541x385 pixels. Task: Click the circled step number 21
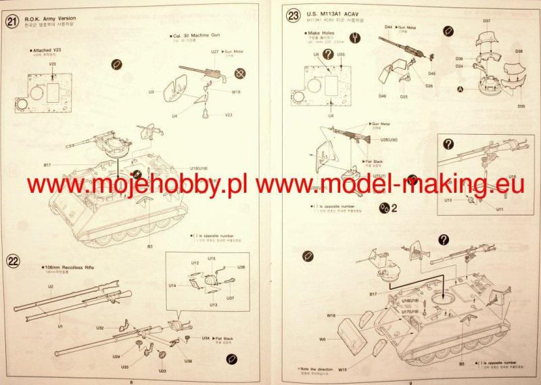click(11, 21)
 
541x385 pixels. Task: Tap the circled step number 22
click(11, 261)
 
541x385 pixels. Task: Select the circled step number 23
click(293, 16)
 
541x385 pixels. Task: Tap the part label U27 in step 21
click(214, 51)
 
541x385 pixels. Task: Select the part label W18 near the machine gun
click(236, 91)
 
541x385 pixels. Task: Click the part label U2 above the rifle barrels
click(50, 287)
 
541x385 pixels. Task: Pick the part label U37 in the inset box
click(230, 298)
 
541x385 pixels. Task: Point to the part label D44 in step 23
click(388, 27)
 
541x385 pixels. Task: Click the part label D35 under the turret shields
click(521, 106)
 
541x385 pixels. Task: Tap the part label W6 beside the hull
click(323, 339)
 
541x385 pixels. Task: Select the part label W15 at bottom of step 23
click(343, 370)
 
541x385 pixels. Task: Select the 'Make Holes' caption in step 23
click(322, 32)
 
